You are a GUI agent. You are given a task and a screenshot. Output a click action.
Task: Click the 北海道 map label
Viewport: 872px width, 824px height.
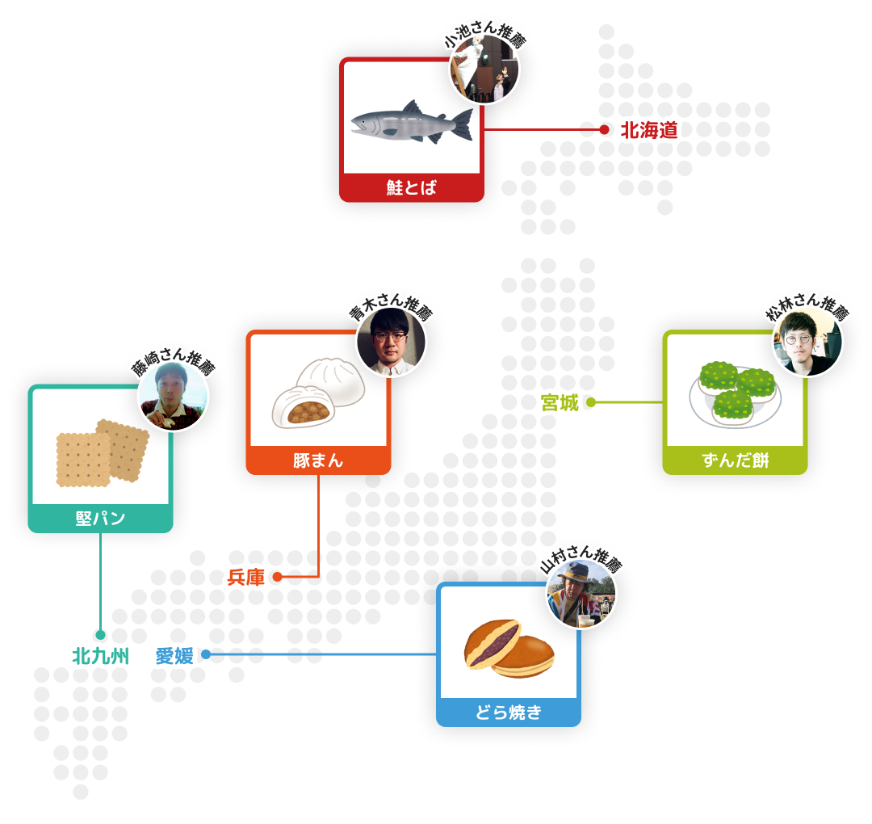tap(649, 130)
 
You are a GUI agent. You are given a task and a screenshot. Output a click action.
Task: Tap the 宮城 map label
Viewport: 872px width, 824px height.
tap(560, 403)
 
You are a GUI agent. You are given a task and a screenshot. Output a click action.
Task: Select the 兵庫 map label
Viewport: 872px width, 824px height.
tap(245, 578)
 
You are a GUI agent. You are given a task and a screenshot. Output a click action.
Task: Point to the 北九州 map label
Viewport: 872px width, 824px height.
tap(101, 657)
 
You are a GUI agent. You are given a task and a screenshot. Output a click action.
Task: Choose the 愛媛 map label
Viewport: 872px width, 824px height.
tap(174, 656)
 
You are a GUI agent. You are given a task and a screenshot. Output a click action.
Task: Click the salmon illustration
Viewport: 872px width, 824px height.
tap(412, 123)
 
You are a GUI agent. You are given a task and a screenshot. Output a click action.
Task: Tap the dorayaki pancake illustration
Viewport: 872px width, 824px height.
tap(509, 649)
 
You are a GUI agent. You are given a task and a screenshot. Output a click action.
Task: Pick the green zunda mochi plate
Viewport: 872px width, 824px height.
tap(736, 394)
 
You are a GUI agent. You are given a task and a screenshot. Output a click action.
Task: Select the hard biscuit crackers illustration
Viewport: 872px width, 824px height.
tap(103, 453)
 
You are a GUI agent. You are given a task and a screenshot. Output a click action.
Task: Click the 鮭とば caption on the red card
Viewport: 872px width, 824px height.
tap(412, 188)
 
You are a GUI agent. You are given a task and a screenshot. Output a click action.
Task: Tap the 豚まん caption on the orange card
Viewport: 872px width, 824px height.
tap(318, 460)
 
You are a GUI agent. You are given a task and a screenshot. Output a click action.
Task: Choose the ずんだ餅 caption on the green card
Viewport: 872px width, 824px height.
tap(736, 460)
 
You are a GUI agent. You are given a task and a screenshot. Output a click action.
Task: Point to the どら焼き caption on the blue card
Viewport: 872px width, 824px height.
tap(509, 713)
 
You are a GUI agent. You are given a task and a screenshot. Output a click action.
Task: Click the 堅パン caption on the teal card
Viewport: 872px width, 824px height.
tap(101, 519)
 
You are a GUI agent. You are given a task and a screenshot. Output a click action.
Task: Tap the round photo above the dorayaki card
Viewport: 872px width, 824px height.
tap(581, 595)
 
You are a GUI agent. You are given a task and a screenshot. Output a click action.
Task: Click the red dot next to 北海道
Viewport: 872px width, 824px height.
tap(605, 129)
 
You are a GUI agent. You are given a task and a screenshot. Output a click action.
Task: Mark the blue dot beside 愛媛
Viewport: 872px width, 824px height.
tap(206, 654)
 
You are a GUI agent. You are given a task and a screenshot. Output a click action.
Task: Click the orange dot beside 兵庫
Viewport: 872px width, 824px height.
tap(277, 577)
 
